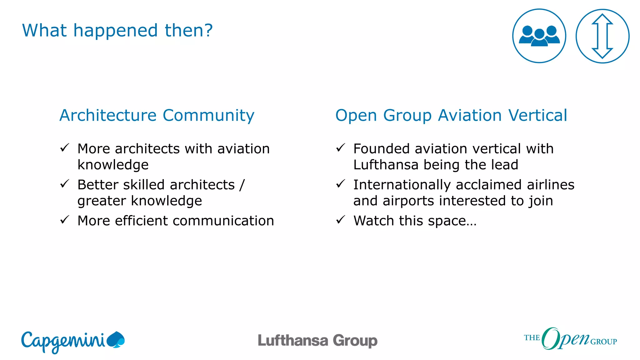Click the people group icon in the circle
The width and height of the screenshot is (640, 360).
pos(539,36)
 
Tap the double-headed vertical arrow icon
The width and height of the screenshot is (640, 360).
pos(602,36)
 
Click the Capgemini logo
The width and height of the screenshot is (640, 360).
pos(73,341)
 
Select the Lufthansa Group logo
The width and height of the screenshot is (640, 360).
pos(317,341)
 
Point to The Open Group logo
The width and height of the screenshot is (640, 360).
pos(570,339)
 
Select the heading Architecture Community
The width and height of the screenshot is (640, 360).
pos(157,115)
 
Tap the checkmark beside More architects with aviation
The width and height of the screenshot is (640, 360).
pos(64,148)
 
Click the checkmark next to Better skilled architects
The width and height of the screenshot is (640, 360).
pos(64,184)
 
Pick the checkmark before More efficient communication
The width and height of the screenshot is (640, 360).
pos(64,220)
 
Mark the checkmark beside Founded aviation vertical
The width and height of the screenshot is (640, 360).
pos(340,148)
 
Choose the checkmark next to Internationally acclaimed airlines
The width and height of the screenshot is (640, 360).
pos(340,184)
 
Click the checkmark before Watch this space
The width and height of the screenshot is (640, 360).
pos(340,220)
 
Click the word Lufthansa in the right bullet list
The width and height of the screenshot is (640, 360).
pos(386,165)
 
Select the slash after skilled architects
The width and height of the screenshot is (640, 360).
pos(242,185)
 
